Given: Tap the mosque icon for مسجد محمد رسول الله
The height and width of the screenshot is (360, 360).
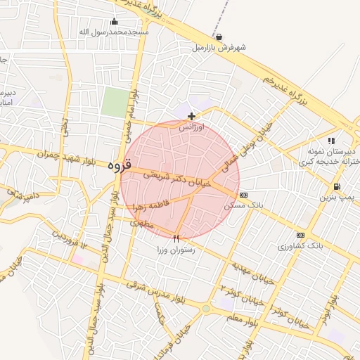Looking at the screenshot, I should pyautogui.click(x=115, y=21).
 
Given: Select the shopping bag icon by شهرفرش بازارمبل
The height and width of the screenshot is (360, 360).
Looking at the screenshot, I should pyautogui.click(x=219, y=37).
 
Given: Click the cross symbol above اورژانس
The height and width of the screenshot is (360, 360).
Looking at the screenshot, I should pyautogui.click(x=191, y=116).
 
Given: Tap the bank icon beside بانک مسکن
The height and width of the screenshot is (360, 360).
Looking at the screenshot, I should pyautogui.click(x=243, y=195).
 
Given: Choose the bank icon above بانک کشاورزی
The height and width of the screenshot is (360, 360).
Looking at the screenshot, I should pyautogui.click(x=301, y=235).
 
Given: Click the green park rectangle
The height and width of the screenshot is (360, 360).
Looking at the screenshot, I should pyautogui.click(x=115, y=103).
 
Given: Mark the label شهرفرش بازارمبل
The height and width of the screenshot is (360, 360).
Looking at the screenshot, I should pyautogui.click(x=219, y=49).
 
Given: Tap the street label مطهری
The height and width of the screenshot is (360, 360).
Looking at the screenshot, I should pyautogui.click(x=141, y=222).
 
